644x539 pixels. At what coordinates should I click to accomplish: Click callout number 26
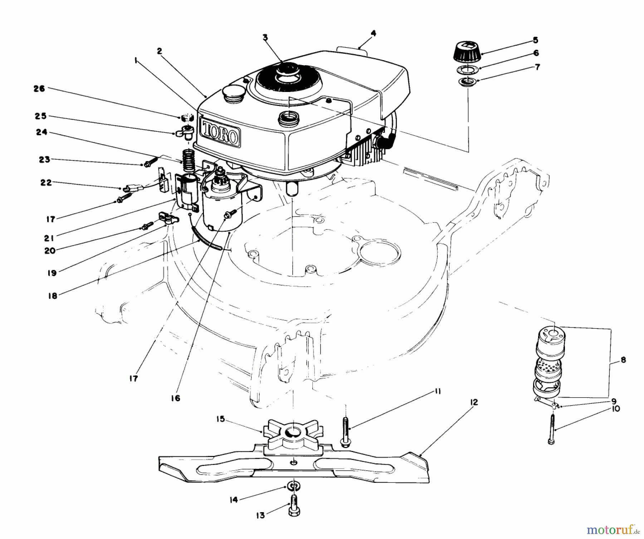coord(39,88)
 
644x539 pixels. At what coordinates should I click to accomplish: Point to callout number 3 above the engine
coord(265,37)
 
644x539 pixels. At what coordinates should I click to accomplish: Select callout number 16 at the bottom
coord(176,398)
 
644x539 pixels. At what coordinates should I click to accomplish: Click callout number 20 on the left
coord(50,251)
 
